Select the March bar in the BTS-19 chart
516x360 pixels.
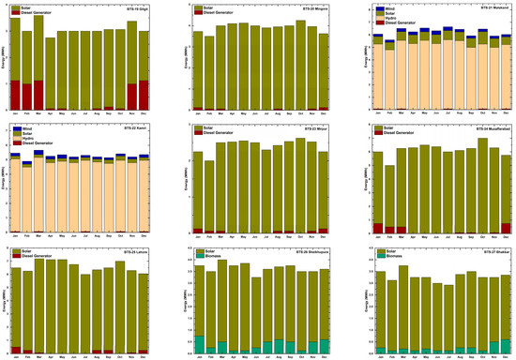click(38, 66)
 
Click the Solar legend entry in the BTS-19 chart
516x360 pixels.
click(21, 7)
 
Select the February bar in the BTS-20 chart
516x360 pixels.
click(209, 75)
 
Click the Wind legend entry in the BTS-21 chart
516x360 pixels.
click(388, 6)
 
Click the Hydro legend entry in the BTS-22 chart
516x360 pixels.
click(30, 137)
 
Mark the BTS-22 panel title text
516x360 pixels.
click(135, 127)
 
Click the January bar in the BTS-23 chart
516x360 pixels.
click(197, 187)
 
